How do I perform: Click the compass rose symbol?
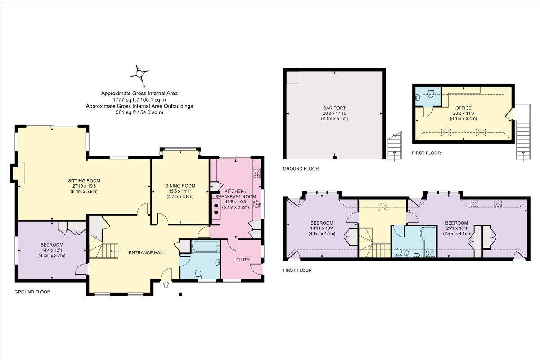click(140, 73)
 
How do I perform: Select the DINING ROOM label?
click(180, 186)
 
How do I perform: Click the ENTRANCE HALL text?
click(147, 252)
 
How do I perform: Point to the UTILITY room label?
click(241, 260)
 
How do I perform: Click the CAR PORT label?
click(334, 108)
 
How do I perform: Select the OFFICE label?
click(463, 108)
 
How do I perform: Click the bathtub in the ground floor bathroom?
click(205, 246)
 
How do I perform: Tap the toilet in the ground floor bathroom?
click(198, 273)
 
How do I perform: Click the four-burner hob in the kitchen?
click(257, 173)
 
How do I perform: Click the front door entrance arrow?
click(166, 284)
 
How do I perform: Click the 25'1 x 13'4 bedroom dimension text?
click(456, 228)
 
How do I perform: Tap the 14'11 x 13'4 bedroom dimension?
click(322, 228)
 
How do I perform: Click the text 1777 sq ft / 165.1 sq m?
click(139, 100)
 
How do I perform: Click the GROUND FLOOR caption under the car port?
click(301, 169)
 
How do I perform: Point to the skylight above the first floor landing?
click(383, 207)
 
